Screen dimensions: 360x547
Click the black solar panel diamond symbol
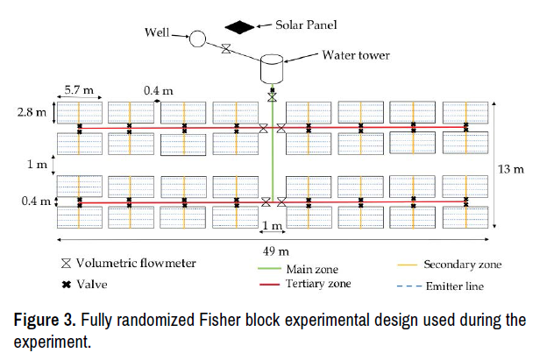point(238,26)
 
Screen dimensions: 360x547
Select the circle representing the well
point(198,39)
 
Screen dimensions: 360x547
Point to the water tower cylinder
point(273,68)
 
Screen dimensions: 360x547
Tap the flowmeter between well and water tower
point(226,49)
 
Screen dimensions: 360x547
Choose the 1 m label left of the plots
point(32,164)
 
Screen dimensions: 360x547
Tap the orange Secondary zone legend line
point(404,264)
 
